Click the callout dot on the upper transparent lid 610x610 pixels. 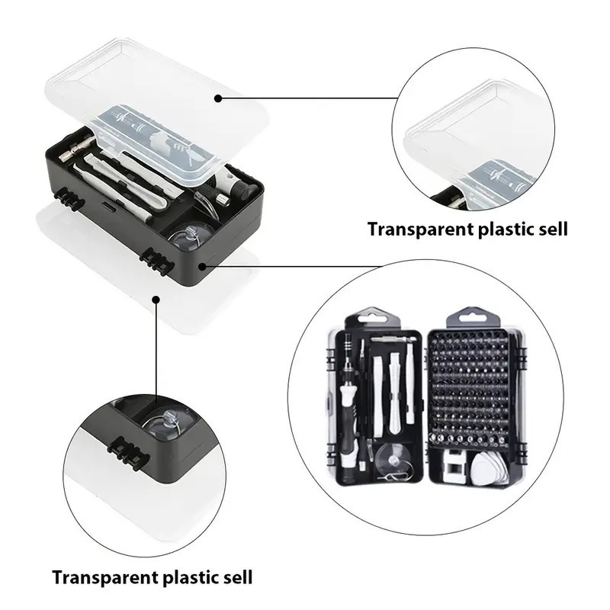pyautogui.click(x=218, y=98)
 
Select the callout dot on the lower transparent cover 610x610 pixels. pyautogui.click(x=156, y=299)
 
